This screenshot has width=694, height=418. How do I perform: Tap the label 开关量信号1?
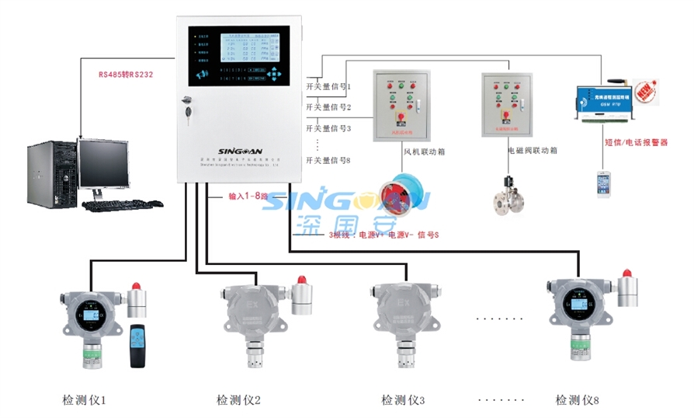[328, 86]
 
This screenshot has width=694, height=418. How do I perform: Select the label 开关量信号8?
[328, 160]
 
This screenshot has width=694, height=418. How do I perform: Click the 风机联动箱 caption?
[423, 152]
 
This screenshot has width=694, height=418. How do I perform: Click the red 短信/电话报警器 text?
[636, 143]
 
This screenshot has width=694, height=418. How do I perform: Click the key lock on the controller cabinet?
[186, 104]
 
